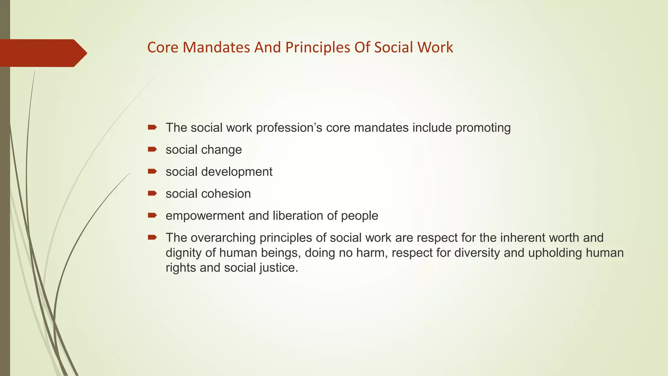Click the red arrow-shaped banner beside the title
click(42, 53)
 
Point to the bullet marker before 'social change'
click(152, 149)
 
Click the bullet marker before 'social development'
click(152, 171)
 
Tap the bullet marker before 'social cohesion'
click(152, 194)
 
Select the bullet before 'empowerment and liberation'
click(152, 215)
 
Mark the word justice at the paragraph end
click(279, 268)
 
